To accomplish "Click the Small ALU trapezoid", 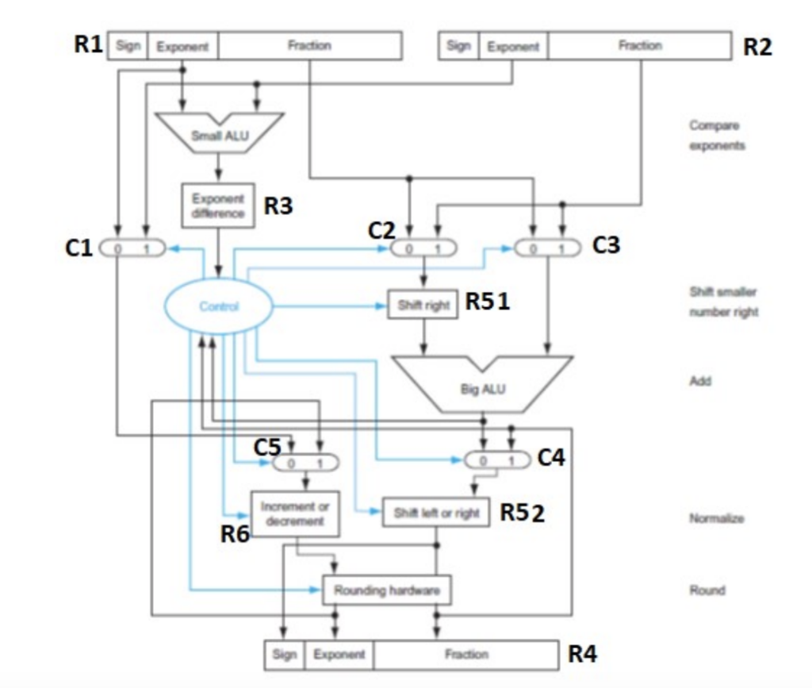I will (219, 131).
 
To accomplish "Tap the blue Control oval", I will (219, 307).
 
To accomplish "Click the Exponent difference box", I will (218, 206).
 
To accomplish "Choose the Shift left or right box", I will (436, 513).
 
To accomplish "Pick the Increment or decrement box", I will (295, 513).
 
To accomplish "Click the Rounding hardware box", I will (386, 590).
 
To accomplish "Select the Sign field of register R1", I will (127, 46).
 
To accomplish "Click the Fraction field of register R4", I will (465, 655).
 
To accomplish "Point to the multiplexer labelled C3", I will (547, 248).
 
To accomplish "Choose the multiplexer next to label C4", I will (496, 460).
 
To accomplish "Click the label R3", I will (278, 207).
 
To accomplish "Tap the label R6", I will (235, 535).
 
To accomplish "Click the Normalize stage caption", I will (717, 518).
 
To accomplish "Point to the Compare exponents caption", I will (717, 136).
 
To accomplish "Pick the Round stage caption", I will (707, 590).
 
